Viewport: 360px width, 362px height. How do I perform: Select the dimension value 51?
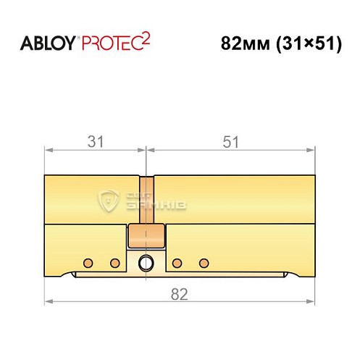[231, 142]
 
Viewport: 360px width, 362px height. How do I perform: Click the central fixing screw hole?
[146, 261]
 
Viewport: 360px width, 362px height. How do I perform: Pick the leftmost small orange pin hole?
[88, 261]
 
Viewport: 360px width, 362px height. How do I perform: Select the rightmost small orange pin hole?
[204, 261]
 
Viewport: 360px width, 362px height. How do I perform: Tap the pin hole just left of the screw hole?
[114, 261]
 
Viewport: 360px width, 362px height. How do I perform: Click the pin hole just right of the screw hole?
[177, 261]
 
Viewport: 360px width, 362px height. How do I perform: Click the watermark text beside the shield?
[156, 202]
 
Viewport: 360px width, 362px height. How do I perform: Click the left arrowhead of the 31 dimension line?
[49, 150]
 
